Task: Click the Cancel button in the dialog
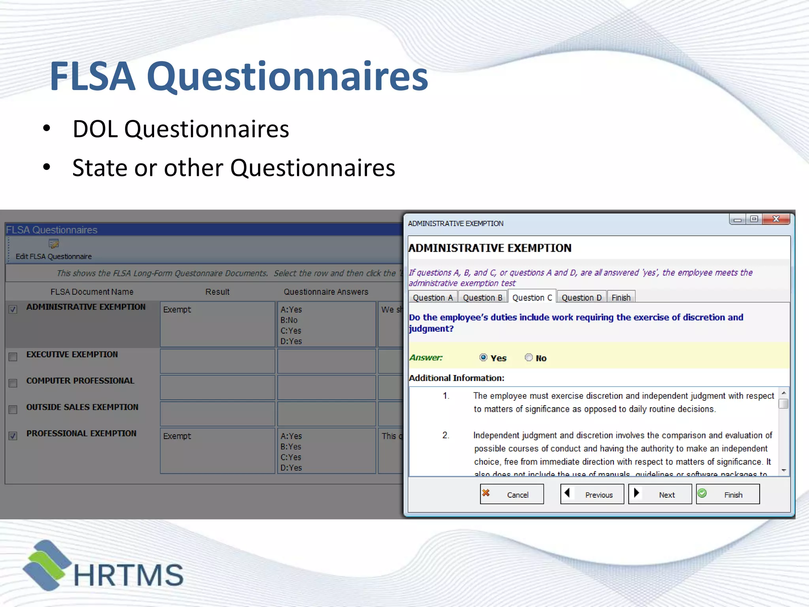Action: click(512, 494)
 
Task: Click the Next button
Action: click(660, 494)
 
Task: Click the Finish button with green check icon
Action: click(728, 494)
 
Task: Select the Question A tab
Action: click(433, 298)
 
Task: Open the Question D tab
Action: click(581, 298)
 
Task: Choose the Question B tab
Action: click(482, 298)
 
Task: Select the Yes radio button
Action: click(483, 357)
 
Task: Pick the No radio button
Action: click(529, 357)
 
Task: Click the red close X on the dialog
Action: click(776, 219)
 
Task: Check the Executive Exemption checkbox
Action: click(13, 357)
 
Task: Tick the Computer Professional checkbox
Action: click(13, 383)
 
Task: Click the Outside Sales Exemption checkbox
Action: click(13, 409)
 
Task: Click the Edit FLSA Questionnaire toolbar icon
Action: click(53, 244)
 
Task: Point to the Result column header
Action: click(217, 292)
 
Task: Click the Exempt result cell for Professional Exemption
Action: click(217, 451)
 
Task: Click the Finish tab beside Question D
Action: click(621, 298)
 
